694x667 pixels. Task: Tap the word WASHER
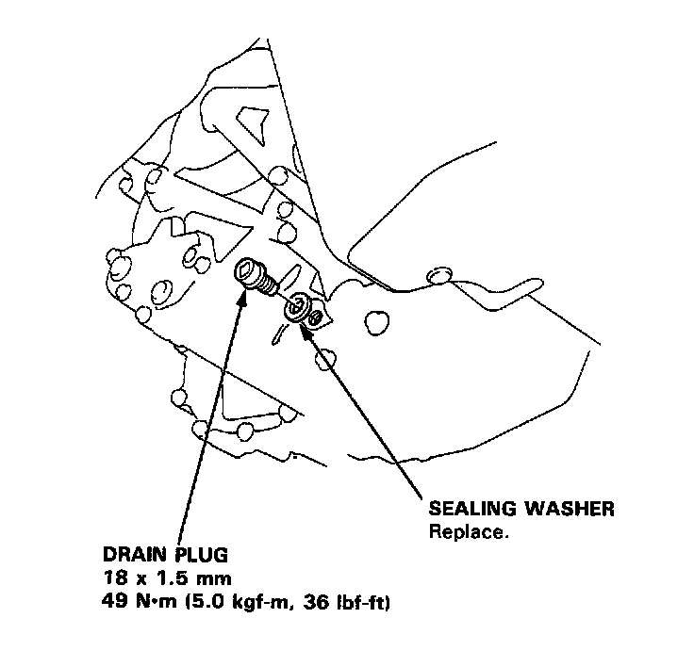click(x=569, y=510)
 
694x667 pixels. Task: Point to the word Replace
click(x=469, y=530)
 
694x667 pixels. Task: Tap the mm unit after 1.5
click(x=200, y=576)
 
